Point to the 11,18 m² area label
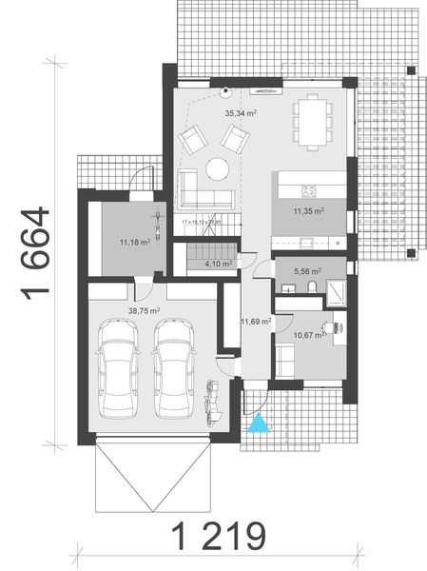click(x=134, y=242)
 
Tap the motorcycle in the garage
click(x=212, y=401)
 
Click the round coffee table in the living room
click(x=217, y=168)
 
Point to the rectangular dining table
click(x=310, y=118)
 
